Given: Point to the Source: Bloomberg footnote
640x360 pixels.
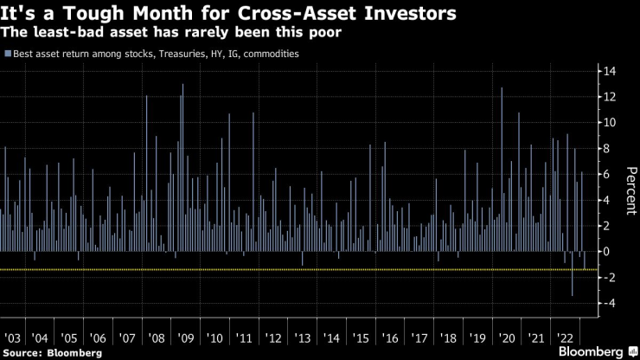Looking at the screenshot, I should [x=52, y=352].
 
